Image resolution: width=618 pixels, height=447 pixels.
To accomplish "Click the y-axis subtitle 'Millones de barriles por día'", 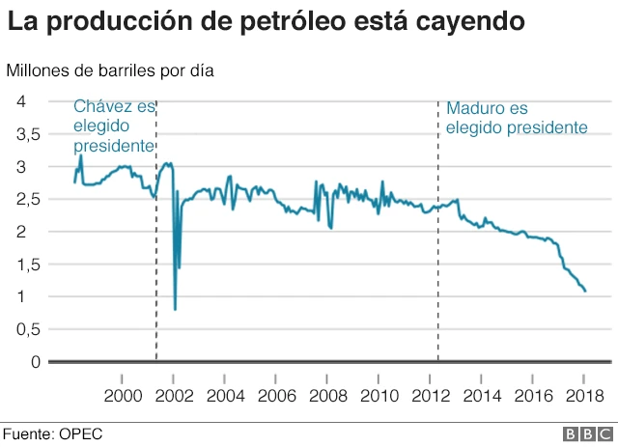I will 110,70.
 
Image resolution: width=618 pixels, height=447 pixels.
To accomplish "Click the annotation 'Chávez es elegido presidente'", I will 114,126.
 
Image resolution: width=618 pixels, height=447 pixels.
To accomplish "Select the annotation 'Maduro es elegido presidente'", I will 516,118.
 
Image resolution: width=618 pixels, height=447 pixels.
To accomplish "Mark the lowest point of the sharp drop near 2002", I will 175,309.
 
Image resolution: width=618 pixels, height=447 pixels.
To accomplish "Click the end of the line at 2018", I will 585,291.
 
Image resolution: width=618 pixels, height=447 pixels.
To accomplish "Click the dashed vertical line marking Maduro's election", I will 437,290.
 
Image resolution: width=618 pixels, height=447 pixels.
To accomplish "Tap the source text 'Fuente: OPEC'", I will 51,433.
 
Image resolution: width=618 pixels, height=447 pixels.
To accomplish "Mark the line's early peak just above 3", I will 81,155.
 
